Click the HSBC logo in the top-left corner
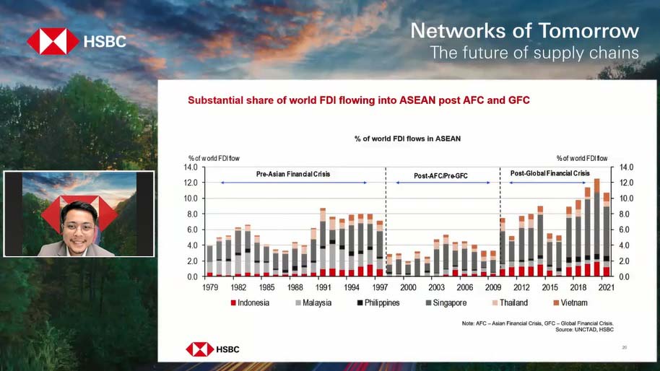[76, 42]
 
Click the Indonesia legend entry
[248, 302]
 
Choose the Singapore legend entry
[444, 302]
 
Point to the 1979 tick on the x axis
[209, 287]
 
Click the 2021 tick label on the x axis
[607, 287]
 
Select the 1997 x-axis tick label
[380, 287]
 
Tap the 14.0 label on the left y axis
[191, 167]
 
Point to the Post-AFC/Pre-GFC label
[442, 175]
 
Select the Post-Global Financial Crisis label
[550, 173]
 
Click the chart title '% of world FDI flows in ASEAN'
[407, 138]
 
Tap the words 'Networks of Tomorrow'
[524, 31]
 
